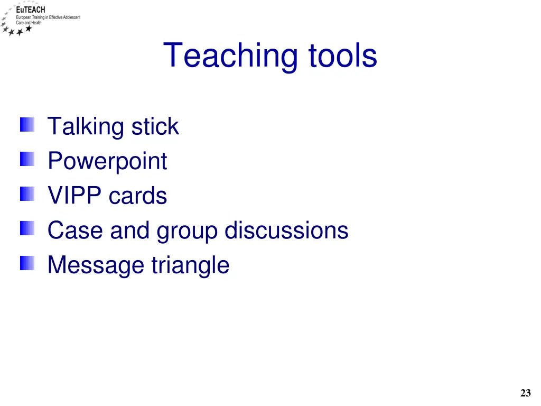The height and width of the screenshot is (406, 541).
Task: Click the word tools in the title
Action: point(343,56)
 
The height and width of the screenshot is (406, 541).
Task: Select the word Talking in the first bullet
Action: point(86,127)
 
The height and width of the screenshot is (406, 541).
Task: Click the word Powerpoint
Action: point(107,161)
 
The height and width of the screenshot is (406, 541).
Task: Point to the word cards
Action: point(138,196)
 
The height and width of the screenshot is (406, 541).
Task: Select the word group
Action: point(187,232)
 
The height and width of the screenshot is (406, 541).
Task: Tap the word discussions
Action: point(286,230)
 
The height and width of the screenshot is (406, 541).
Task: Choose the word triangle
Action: point(190,265)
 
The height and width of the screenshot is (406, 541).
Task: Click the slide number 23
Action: point(525,393)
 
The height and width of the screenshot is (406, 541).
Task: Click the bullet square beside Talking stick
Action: point(27,125)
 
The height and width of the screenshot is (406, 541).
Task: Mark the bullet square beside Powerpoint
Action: point(27,160)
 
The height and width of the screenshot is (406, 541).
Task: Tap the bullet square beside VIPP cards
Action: point(27,195)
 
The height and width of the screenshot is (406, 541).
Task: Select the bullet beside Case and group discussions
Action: point(27,229)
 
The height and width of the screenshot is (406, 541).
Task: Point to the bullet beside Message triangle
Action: point(27,263)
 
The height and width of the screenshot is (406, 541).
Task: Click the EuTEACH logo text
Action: point(34,10)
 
